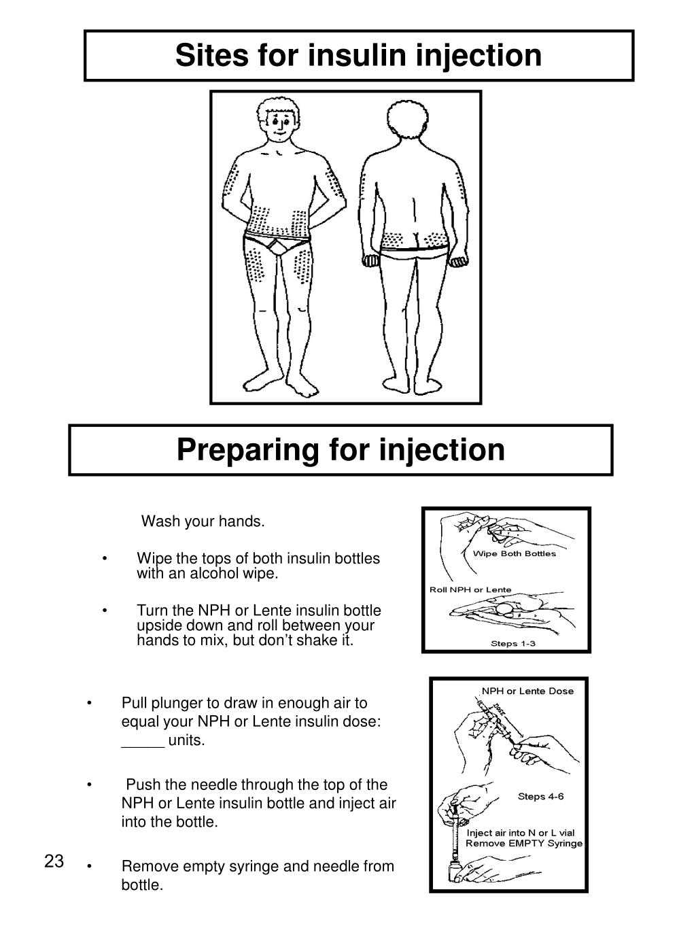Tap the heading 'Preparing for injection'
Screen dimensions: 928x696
341,450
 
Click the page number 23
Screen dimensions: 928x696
54,862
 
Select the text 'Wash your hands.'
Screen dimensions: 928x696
203,521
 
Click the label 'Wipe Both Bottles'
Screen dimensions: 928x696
514,553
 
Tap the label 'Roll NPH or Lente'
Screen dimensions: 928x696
470,589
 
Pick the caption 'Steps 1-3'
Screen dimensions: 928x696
513,643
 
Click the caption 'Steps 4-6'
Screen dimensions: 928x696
540,796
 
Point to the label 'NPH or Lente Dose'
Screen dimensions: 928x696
527,691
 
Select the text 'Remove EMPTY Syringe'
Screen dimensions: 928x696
523,844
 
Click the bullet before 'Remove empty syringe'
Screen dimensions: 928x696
90,866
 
